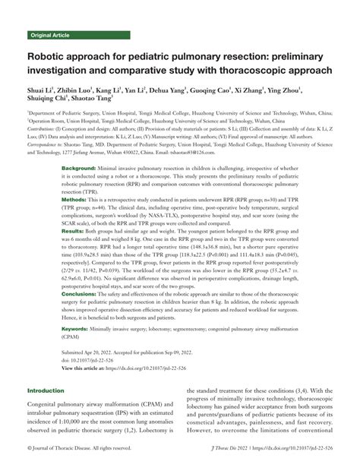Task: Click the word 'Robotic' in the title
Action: pos(51,57)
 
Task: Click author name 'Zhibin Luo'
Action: pos(79,90)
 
